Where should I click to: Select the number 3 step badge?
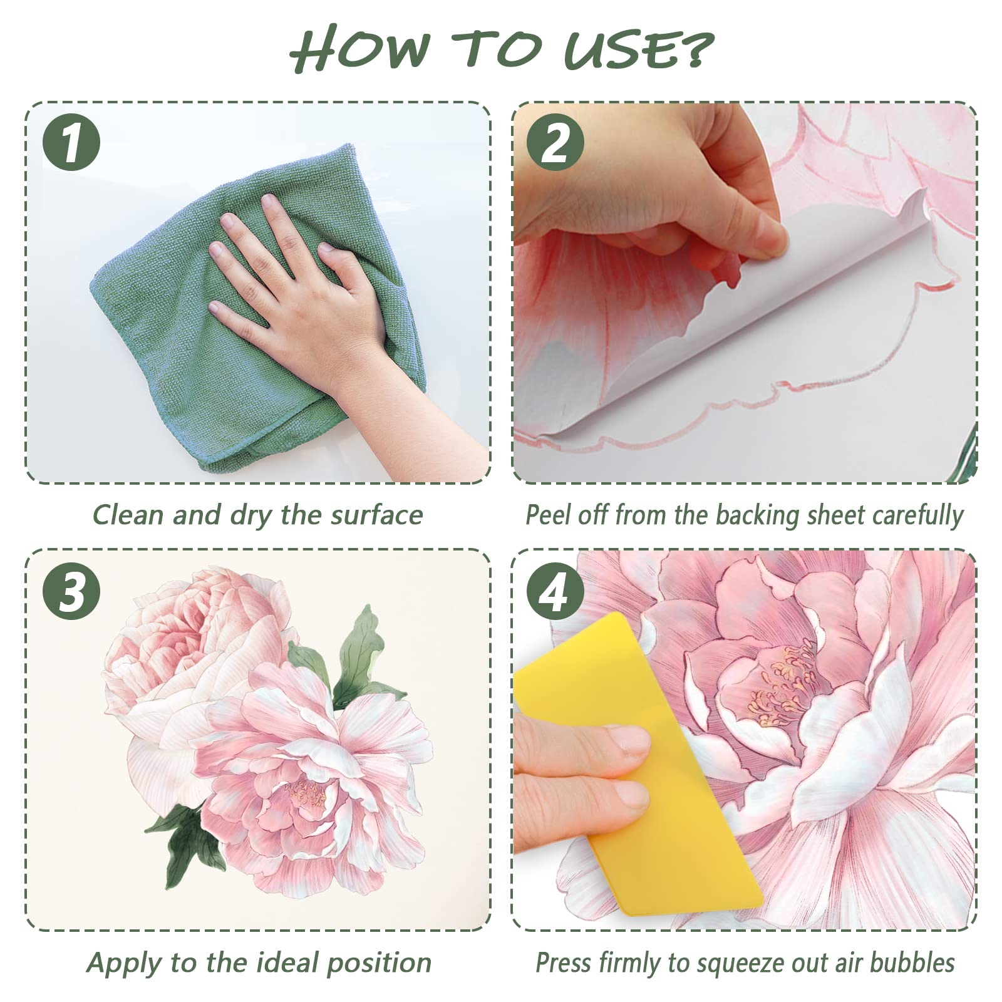click(x=71, y=591)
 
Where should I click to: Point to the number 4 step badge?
click(x=555, y=591)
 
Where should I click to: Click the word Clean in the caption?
click(x=129, y=515)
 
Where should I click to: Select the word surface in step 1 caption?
click(x=376, y=515)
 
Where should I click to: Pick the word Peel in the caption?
click(x=549, y=515)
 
